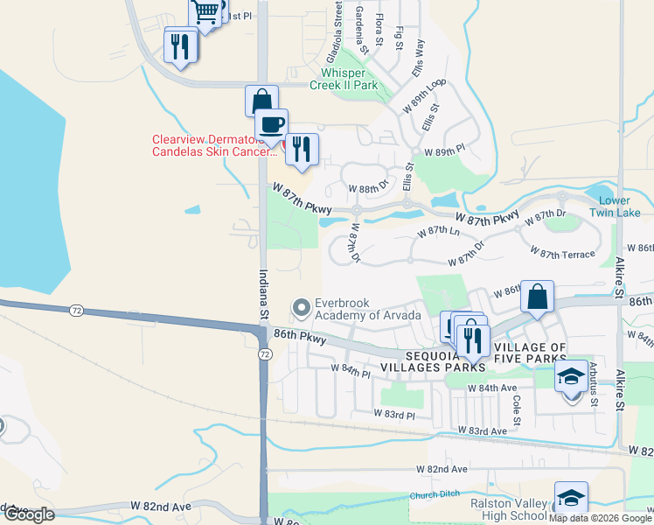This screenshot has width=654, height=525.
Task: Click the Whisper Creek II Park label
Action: point(349,79)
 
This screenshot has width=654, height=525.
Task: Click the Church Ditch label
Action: point(435,495)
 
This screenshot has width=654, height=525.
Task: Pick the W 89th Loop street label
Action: point(424,95)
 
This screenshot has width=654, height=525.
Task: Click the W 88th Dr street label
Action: point(367,188)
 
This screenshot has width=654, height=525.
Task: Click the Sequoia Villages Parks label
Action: point(445,361)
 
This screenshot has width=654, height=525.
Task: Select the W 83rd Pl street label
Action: point(393,413)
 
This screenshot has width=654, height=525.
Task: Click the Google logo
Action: point(29,514)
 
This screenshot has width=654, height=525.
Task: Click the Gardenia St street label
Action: point(360,26)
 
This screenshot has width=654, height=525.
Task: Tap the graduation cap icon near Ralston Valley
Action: point(571,498)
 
